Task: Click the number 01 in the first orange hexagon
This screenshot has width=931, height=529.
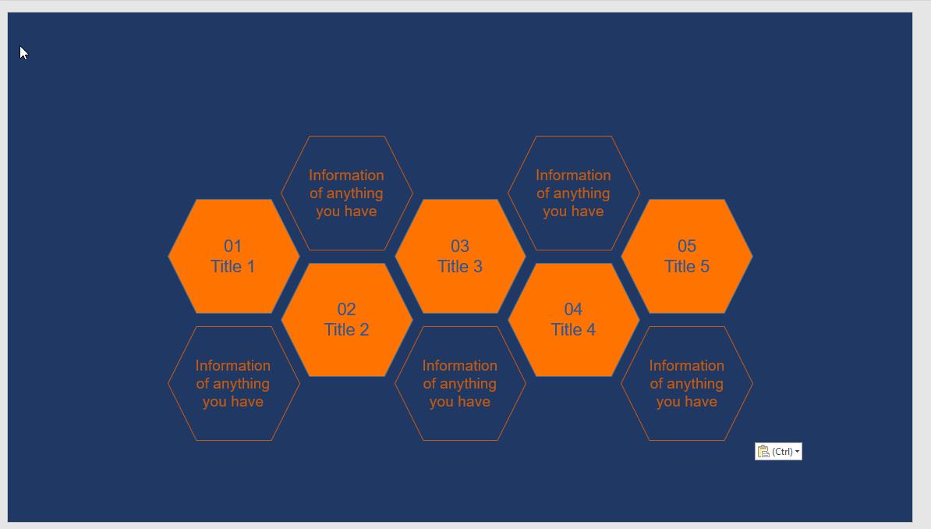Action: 232,246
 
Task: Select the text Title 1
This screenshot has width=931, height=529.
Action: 232,267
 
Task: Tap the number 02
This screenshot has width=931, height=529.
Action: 346,309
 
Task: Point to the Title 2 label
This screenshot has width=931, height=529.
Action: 346,330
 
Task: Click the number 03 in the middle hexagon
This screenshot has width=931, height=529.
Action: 460,246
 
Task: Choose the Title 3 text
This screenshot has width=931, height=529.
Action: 460,267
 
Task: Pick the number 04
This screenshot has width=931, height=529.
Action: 573,309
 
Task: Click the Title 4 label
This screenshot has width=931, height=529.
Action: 573,330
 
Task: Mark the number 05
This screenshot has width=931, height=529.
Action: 687,246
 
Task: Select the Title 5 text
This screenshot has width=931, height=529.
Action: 687,267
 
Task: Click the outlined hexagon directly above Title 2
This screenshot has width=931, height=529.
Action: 346,193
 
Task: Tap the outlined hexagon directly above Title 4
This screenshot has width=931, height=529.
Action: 573,193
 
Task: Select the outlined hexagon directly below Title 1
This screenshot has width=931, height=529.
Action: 232,384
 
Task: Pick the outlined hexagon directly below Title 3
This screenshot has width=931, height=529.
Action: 460,384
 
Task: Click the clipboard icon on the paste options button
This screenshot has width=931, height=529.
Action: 763,452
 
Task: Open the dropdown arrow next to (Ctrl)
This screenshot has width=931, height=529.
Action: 797,453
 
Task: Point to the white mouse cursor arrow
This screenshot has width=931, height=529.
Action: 23,52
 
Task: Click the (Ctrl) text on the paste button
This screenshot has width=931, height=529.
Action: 782,452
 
